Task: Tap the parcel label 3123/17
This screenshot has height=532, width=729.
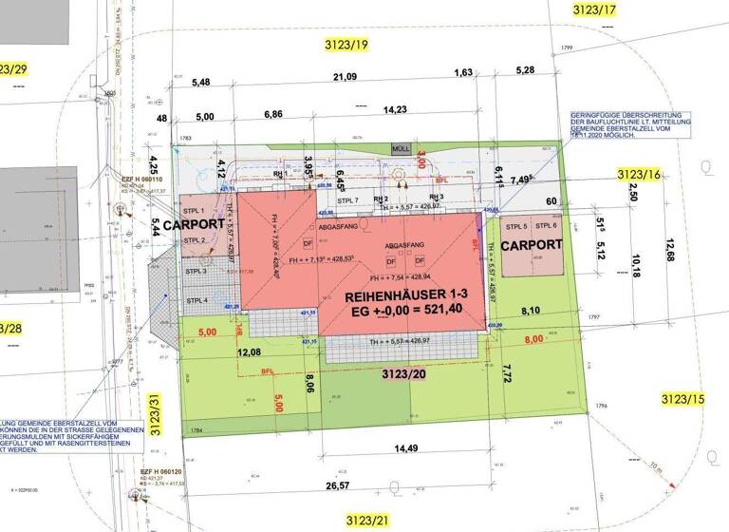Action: [595, 9]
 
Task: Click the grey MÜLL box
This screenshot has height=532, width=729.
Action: [401, 149]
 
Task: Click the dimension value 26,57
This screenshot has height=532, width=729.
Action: [364, 486]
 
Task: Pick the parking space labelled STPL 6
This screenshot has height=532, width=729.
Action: [547, 226]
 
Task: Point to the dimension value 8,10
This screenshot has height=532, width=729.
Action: [531, 310]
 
